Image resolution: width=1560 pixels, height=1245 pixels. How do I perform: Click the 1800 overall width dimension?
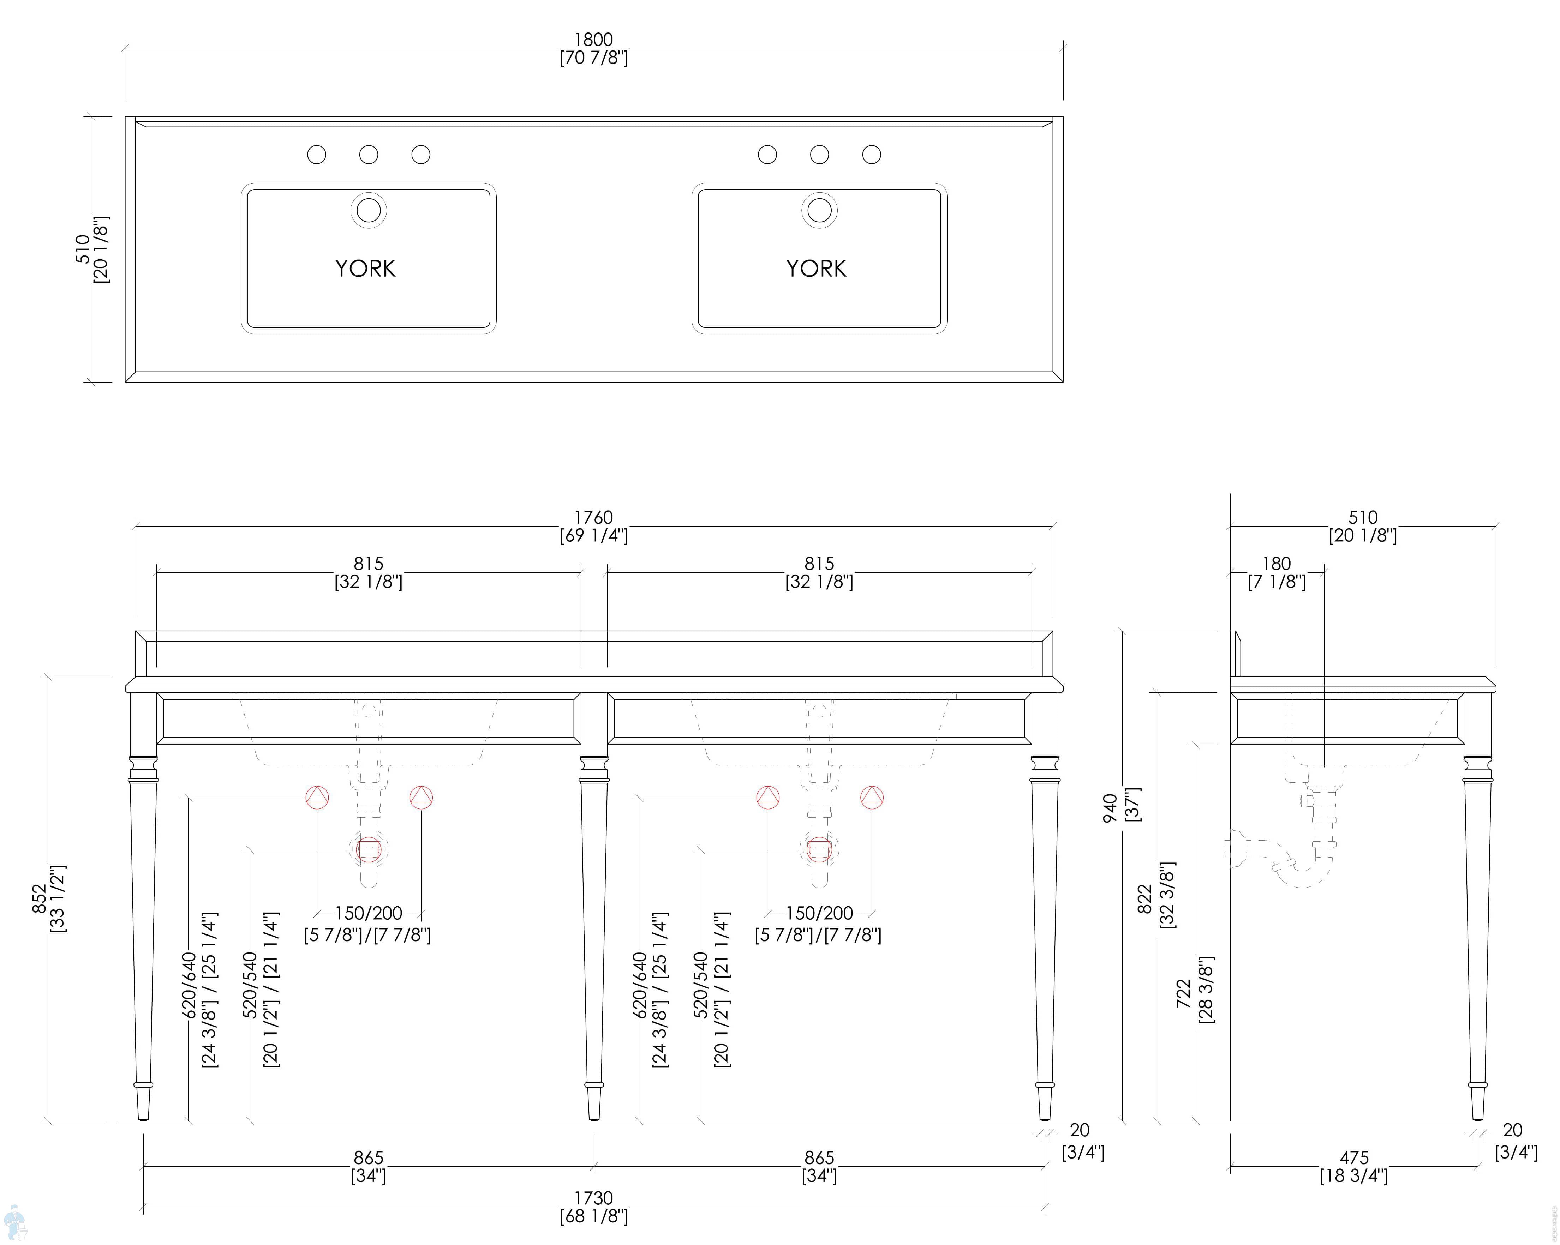pyautogui.click(x=593, y=40)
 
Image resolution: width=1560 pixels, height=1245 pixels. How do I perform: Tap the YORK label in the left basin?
pyautogui.click(x=365, y=269)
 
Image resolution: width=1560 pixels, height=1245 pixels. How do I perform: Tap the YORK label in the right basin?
pyautogui.click(x=816, y=269)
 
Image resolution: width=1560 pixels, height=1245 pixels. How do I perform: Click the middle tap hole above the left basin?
pyautogui.click(x=368, y=154)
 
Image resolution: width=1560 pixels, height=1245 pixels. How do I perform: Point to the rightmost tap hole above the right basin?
pyautogui.click(x=871, y=154)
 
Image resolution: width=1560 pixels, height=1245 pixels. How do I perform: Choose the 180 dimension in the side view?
pyautogui.click(x=1277, y=564)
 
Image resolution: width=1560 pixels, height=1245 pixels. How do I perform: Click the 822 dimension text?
pyautogui.click(x=1145, y=899)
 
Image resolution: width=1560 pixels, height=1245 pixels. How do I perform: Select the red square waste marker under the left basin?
pyautogui.click(x=368, y=849)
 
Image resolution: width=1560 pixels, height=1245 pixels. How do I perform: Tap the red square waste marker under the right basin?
pyautogui.click(x=819, y=849)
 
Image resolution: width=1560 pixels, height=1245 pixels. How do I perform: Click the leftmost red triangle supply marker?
pyautogui.click(x=317, y=797)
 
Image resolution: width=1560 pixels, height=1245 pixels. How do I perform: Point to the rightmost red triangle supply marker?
pyautogui.click(x=872, y=797)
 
